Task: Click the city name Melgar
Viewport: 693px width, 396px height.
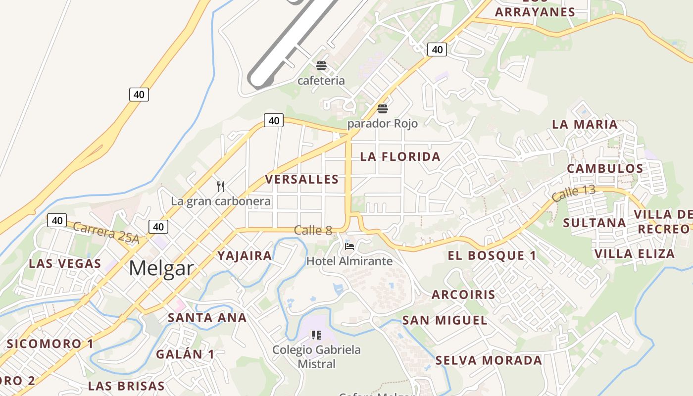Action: click(161, 268)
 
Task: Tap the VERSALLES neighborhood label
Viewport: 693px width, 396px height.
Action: click(302, 179)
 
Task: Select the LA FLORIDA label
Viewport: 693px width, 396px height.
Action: click(400, 157)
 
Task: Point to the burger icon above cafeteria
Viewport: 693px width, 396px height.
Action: click(321, 66)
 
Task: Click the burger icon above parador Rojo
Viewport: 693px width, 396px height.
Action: click(382, 109)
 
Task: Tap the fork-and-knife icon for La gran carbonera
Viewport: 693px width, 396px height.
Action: click(221, 187)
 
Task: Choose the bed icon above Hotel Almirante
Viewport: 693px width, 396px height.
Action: click(349, 247)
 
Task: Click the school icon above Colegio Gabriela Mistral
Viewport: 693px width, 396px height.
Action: click(317, 336)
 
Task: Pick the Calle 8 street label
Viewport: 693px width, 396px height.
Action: click(313, 230)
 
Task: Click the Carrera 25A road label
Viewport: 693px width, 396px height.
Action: click(106, 232)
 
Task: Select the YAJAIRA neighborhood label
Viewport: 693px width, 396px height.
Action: click(245, 256)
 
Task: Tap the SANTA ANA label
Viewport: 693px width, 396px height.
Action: click(207, 318)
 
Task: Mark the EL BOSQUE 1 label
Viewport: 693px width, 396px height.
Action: click(492, 256)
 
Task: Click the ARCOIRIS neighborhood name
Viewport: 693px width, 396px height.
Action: click(463, 295)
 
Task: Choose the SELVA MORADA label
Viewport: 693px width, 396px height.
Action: click(489, 360)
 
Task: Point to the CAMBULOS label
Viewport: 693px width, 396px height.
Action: click(605, 168)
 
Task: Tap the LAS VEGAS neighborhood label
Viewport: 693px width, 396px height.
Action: click(65, 263)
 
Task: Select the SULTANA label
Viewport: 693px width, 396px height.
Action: click(594, 223)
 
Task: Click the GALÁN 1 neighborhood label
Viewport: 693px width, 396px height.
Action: click(185, 354)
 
